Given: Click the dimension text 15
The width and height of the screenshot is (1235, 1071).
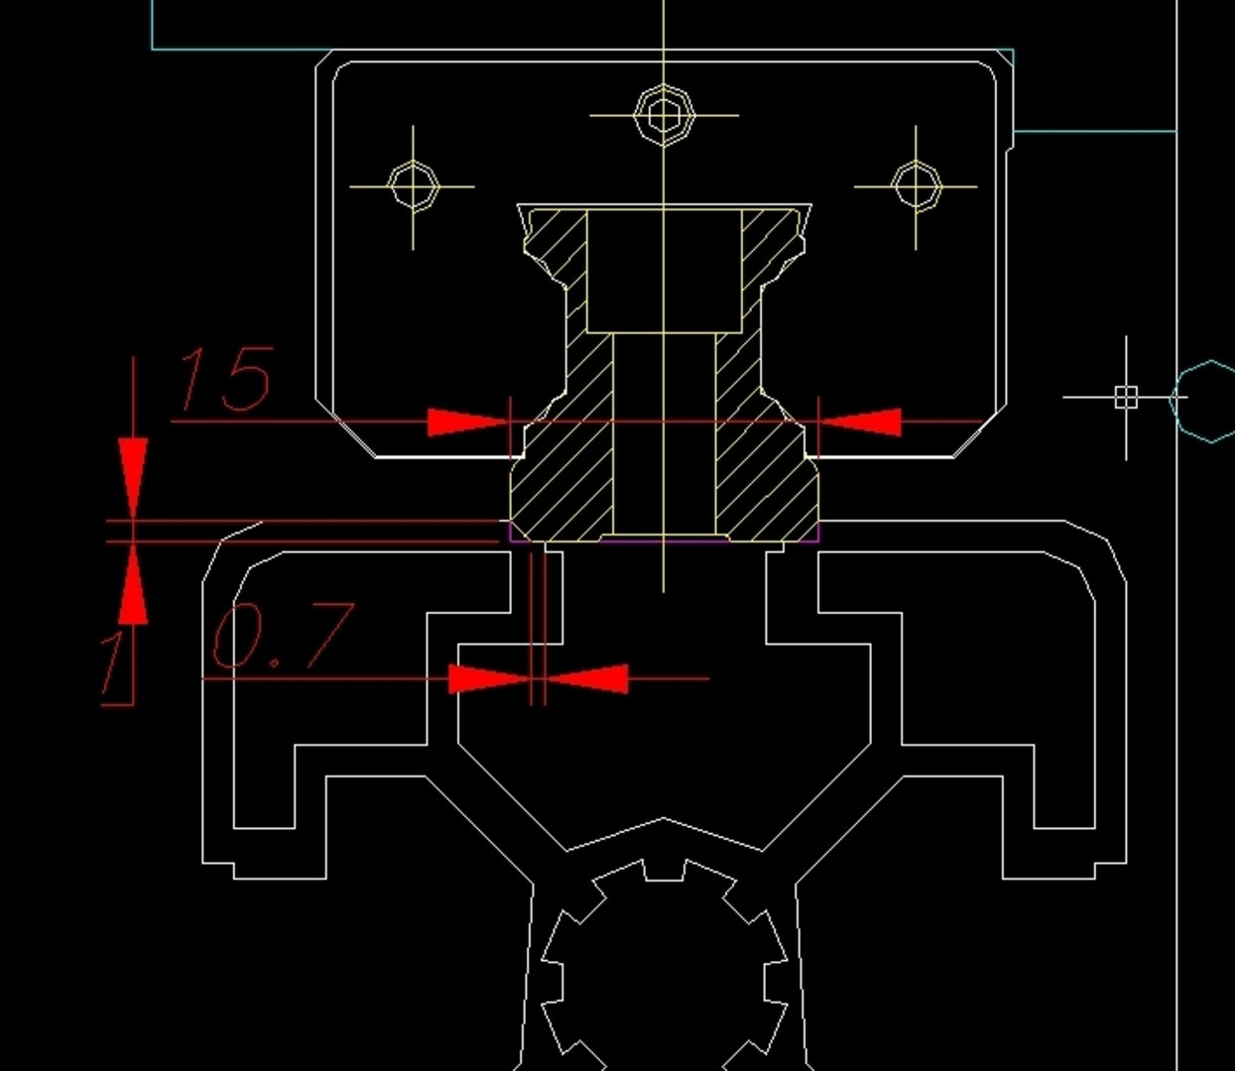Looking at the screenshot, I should [x=224, y=379].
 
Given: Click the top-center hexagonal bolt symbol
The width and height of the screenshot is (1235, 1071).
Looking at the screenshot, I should [x=663, y=114].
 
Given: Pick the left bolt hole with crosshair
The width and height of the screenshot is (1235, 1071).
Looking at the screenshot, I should [x=413, y=185].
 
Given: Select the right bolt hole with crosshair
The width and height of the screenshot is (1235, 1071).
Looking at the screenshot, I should [x=916, y=185].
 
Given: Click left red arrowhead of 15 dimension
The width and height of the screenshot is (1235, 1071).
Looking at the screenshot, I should [x=466, y=422].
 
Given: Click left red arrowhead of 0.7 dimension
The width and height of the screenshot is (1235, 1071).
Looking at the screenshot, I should [x=488, y=679].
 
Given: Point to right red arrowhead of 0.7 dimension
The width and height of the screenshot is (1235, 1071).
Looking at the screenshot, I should [x=589, y=679].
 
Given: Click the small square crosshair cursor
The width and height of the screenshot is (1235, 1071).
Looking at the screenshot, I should [x=1126, y=398].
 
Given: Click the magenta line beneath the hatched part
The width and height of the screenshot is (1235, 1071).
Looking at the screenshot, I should [x=663, y=541].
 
